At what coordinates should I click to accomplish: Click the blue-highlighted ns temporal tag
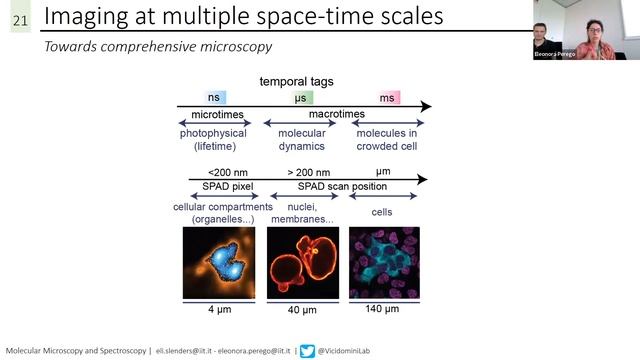click(x=213, y=97)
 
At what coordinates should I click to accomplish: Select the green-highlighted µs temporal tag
click(x=300, y=97)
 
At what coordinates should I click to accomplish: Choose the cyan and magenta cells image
click(x=383, y=261)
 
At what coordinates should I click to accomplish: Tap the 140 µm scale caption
click(x=383, y=309)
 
